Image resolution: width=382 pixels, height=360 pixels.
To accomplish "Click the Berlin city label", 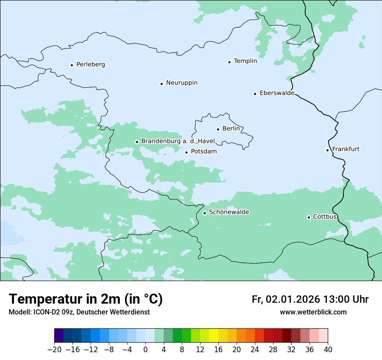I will (x=231, y=129).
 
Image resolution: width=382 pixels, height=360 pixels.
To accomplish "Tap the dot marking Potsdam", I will (x=187, y=152).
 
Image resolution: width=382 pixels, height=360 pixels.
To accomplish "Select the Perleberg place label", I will (x=90, y=65).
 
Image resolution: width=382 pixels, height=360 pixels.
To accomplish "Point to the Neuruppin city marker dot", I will (x=161, y=84).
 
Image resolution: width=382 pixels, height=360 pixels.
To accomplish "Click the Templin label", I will (x=245, y=61).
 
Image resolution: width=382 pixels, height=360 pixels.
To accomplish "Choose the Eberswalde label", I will (x=277, y=93).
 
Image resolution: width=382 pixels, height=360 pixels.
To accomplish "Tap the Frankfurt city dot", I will (x=328, y=151).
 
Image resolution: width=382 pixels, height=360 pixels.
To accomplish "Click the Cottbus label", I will (x=325, y=217).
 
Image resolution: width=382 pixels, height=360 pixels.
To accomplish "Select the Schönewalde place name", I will (x=229, y=212).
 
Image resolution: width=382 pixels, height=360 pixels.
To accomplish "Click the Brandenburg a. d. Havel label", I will (x=178, y=141).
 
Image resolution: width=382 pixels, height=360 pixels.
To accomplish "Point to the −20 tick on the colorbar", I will (x=55, y=350).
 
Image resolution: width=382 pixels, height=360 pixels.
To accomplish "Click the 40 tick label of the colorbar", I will (x=328, y=350).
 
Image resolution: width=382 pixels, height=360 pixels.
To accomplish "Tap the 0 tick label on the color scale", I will (x=145, y=350).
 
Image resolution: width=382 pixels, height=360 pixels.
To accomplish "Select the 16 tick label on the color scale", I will (x=218, y=350).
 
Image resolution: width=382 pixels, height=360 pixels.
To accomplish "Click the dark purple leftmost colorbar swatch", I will (x=59, y=336).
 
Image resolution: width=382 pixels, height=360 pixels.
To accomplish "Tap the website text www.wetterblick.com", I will (x=313, y=312).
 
